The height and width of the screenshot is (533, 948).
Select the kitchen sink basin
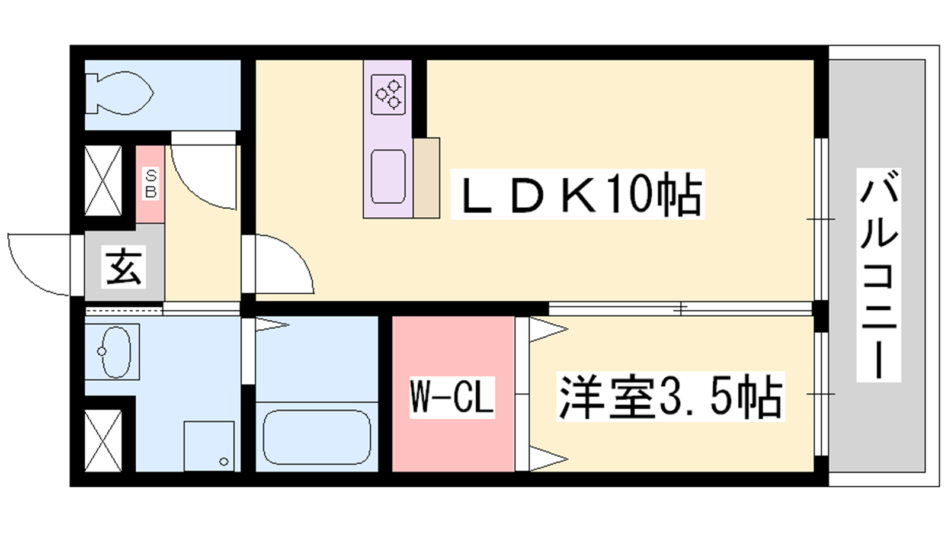tap(389, 176)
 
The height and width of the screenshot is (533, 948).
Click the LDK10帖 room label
tap(578, 194)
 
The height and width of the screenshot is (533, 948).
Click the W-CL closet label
tap(452, 397)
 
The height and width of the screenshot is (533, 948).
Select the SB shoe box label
tap(150, 184)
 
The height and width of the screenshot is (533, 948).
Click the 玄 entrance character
tap(124, 267)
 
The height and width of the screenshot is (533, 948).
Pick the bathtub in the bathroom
tap(317, 437)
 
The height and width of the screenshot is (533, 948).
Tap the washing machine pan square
tap(209, 446)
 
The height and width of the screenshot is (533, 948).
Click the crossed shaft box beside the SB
tap(103, 181)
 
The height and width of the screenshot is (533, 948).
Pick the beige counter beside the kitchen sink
tap(427, 178)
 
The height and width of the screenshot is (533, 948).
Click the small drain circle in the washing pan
tap(224, 461)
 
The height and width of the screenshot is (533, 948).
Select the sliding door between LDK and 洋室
tap(680, 309)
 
